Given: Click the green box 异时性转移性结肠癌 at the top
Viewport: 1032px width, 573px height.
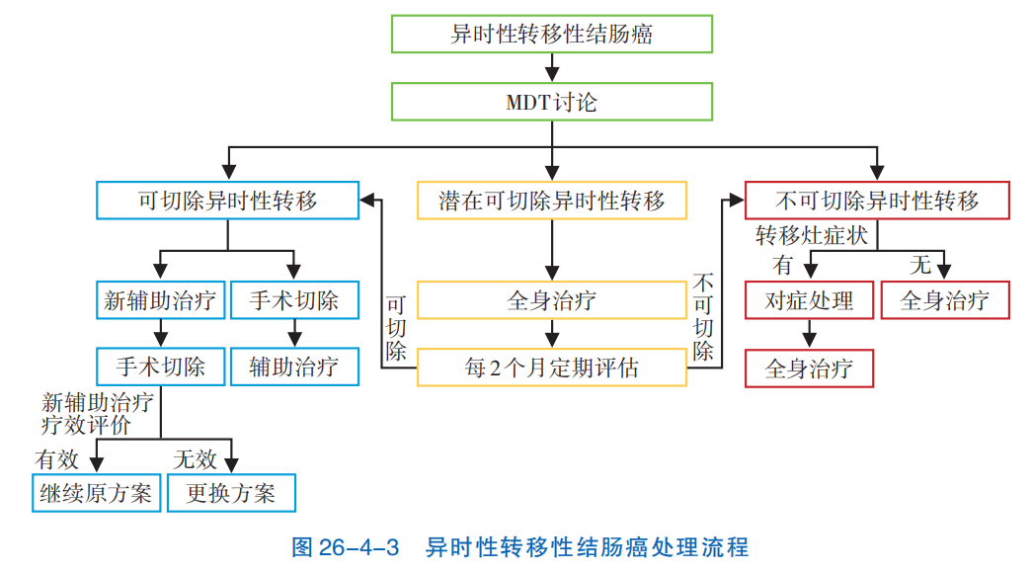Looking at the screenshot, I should coord(552,35).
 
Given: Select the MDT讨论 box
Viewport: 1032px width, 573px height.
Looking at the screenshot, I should coord(552,102).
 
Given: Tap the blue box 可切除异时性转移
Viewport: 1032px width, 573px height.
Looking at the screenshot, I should coord(228,201).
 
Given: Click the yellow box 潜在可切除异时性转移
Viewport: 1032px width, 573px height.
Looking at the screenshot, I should coord(552,201).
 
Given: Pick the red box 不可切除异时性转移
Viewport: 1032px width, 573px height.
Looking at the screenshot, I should coord(877,201).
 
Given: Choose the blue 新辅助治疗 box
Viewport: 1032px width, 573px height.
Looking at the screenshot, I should coord(162,300).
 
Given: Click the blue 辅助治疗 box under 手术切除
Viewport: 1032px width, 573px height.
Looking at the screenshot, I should coord(294,368).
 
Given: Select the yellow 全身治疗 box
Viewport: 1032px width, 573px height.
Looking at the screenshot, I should coord(552,300).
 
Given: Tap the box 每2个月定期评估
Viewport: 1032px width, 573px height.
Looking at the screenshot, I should coord(552,368).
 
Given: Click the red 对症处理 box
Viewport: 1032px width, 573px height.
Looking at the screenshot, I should coord(809,300).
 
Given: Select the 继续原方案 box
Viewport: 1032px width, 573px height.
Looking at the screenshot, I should coord(96,493).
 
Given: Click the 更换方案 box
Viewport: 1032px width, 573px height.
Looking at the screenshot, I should coord(231,493).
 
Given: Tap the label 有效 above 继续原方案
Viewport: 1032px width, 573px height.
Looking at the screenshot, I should coord(56,458).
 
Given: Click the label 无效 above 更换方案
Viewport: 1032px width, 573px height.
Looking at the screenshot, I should coord(195,458).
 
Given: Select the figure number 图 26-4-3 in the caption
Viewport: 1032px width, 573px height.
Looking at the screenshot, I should coord(346,546).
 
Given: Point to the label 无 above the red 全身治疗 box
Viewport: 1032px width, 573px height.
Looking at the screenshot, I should coord(919,265).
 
